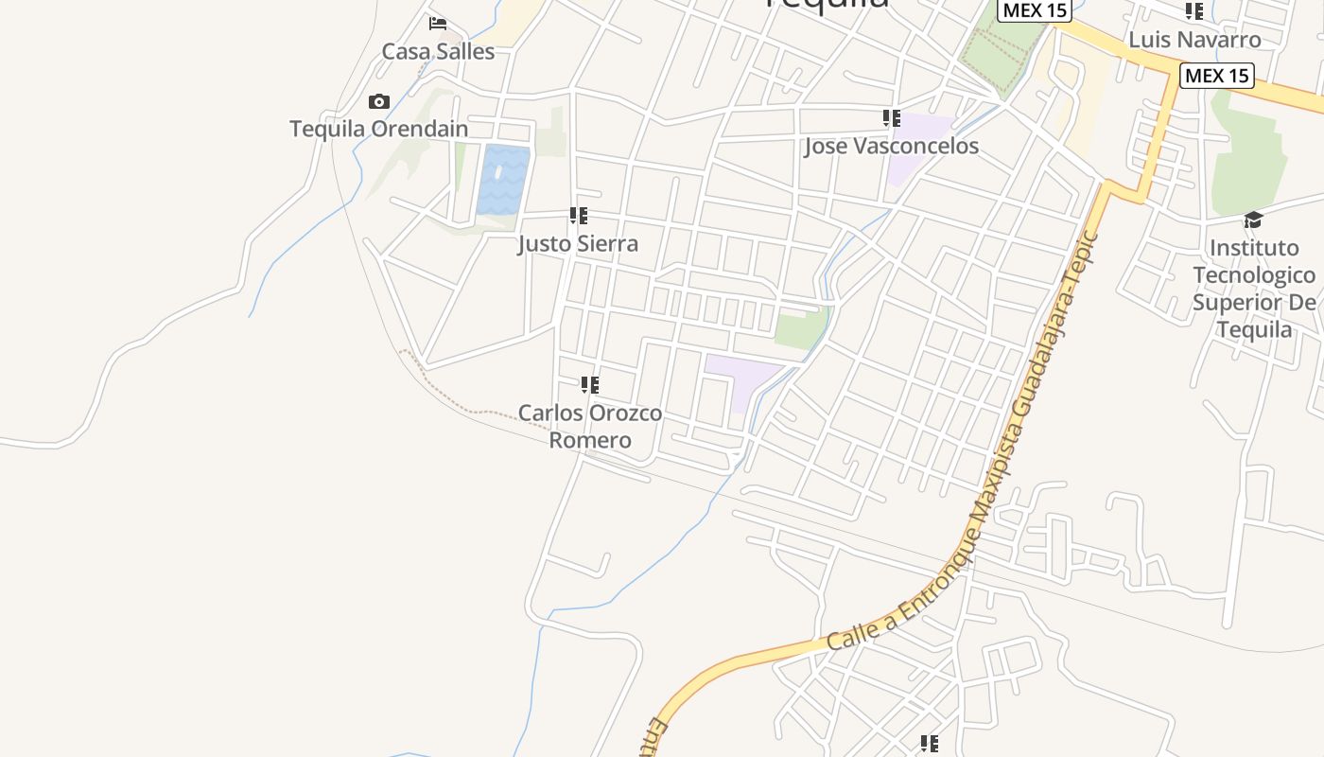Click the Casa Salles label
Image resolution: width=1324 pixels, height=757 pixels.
(x=438, y=51)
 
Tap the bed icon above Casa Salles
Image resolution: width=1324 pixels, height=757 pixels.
(x=438, y=23)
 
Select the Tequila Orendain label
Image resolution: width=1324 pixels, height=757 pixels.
(x=378, y=129)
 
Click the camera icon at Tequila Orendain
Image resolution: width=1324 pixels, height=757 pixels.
(x=379, y=101)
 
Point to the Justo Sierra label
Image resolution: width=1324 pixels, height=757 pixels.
(x=578, y=243)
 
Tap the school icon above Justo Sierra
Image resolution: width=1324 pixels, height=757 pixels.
(x=579, y=216)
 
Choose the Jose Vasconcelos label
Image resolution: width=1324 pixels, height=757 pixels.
(x=891, y=147)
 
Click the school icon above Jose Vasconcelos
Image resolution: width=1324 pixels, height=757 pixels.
(x=891, y=118)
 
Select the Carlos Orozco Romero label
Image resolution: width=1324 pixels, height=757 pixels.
(x=590, y=427)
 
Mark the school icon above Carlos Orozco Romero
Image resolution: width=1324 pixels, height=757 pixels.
(x=590, y=385)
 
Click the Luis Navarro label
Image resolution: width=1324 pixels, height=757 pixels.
(x=1194, y=40)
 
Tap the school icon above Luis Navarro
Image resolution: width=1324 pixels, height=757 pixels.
(x=1194, y=11)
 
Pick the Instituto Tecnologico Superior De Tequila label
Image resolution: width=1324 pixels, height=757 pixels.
(x=1253, y=289)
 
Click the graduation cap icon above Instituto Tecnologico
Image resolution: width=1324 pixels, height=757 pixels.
(x=1253, y=220)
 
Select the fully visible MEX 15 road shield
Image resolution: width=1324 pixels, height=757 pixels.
(x=1216, y=76)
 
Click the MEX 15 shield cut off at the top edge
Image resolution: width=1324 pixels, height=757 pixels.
(x=1033, y=9)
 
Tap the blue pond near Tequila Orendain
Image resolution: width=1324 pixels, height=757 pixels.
(x=503, y=180)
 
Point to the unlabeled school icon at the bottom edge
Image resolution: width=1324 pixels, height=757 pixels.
(x=930, y=745)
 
